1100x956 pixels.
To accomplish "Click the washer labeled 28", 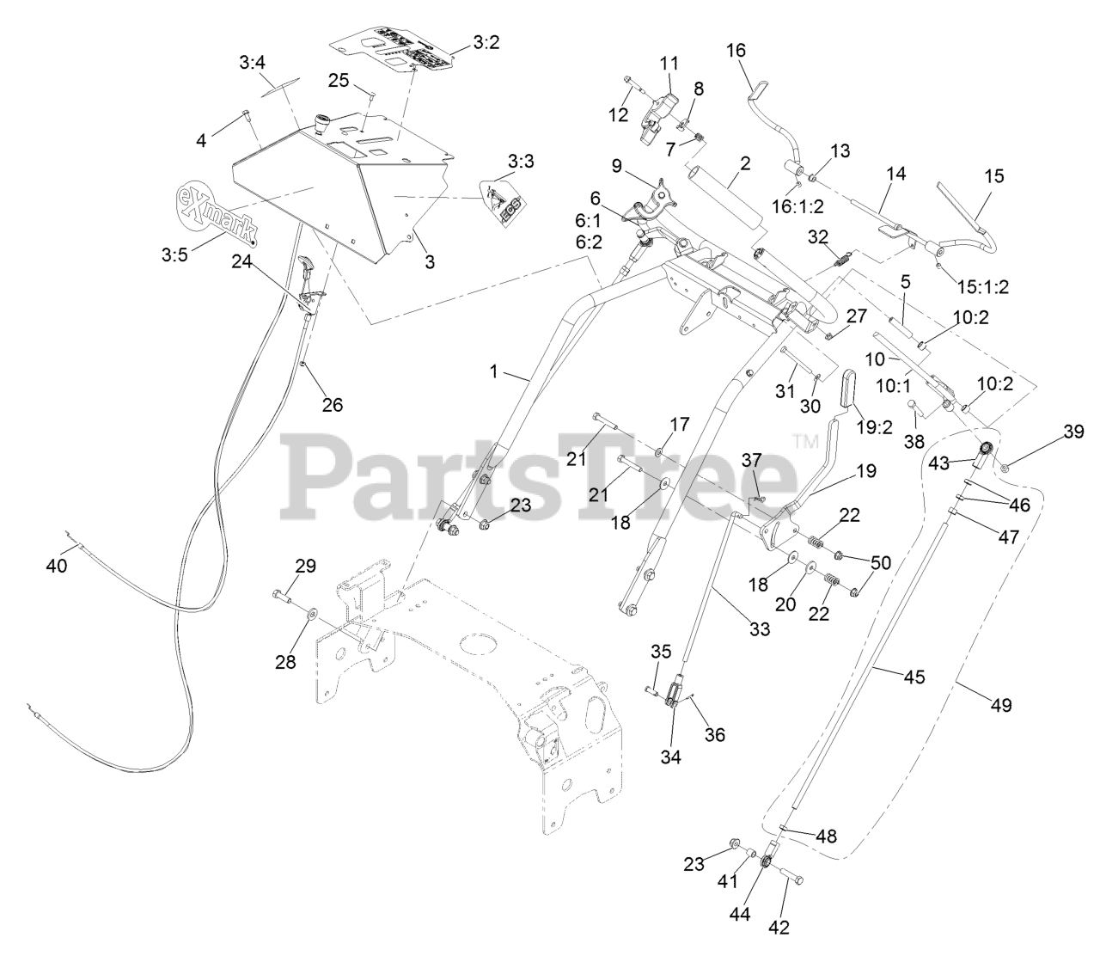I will click(309, 613).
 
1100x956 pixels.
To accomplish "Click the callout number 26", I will click(332, 403).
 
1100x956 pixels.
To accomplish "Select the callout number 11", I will click(669, 63).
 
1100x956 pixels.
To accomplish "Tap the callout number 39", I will click(1073, 432).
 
